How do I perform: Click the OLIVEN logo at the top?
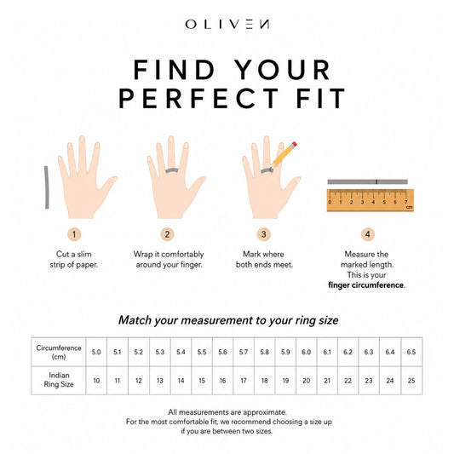click(227, 24)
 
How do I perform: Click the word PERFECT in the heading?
click(198, 98)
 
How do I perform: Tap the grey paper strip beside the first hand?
click(46, 187)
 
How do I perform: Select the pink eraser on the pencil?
click(294, 144)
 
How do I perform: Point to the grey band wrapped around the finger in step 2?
click(172, 170)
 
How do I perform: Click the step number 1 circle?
click(74, 234)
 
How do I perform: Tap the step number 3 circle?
click(263, 234)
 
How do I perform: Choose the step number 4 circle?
click(367, 234)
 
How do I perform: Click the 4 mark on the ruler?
click(373, 202)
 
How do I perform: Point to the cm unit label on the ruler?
click(409, 207)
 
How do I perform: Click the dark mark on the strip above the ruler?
click(376, 181)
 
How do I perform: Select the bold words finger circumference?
click(365, 284)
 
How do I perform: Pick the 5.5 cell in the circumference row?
click(202, 352)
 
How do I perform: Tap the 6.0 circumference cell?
click(307, 352)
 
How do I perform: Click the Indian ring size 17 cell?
click(244, 381)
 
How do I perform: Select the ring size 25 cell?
click(411, 381)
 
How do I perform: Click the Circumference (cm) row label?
click(59, 352)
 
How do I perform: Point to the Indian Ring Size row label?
click(59, 380)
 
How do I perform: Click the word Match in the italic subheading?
click(135, 320)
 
